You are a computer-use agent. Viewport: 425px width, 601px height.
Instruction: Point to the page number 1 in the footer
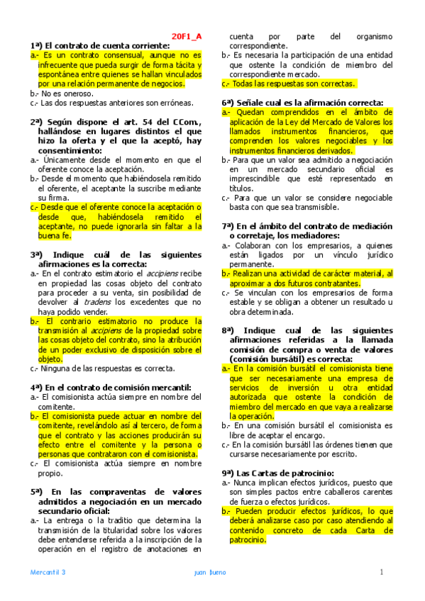point(381,572)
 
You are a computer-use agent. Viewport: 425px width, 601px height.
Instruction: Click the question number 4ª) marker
point(37,388)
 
